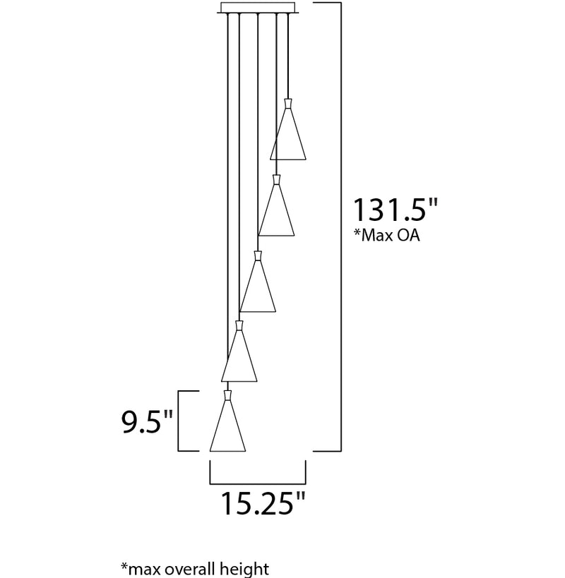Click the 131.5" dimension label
(x=395, y=210)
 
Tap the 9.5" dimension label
(x=147, y=421)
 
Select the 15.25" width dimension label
(x=263, y=503)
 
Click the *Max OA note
(x=387, y=235)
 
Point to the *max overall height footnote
(x=195, y=569)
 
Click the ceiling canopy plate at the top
(x=258, y=8)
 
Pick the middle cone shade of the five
(x=258, y=286)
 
